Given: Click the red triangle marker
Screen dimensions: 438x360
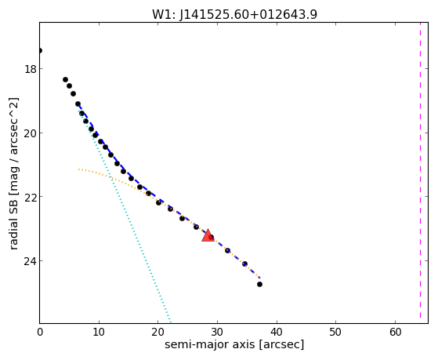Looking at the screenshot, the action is click(x=208, y=235).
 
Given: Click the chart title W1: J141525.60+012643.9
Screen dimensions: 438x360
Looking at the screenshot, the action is click(x=234, y=14).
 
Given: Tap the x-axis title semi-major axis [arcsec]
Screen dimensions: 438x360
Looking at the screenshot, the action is click(x=234, y=344).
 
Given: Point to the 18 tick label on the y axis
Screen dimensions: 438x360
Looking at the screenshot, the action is click(x=30, y=69).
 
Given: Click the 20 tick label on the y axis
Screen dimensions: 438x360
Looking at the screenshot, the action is click(x=30, y=133).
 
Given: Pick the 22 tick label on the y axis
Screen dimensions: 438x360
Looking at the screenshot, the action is click(x=30, y=197).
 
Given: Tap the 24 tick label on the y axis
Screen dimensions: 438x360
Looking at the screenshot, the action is click(x=30, y=261).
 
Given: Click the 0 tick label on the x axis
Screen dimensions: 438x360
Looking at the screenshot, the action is click(x=40, y=332).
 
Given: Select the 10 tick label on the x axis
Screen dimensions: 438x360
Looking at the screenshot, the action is click(x=99, y=332).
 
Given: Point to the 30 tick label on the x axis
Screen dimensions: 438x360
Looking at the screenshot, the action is click(x=217, y=332).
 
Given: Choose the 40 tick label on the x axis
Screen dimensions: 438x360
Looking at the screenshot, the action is click(x=277, y=332).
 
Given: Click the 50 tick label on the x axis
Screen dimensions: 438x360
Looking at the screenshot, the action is click(x=335, y=332).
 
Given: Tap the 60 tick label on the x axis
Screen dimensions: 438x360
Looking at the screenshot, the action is click(x=395, y=332).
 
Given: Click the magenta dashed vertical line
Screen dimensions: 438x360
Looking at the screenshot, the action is click(x=420, y=173).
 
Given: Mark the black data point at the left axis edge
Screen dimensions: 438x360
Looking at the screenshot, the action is click(x=40, y=51).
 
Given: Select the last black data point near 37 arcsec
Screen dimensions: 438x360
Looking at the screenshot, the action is click(x=259, y=284).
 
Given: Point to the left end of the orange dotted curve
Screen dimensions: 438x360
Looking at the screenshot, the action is click(x=79, y=169).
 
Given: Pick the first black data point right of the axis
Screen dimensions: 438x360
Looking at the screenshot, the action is click(x=65, y=80).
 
